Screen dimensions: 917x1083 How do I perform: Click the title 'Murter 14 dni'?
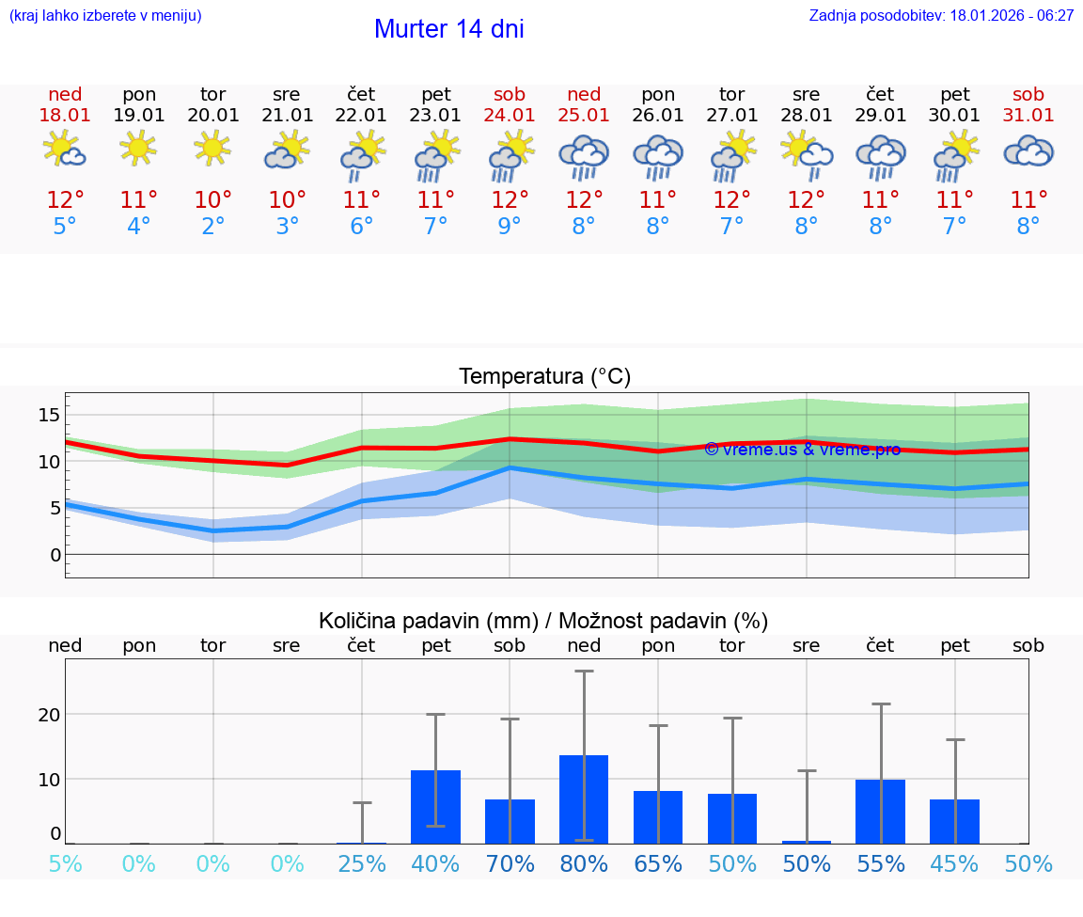[x=448, y=29]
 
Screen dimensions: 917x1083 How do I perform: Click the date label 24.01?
[x=510, y=116]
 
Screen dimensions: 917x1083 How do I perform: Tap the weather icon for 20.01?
[x=212, y=149]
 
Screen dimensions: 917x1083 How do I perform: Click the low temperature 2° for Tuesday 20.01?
[x=212, y=227]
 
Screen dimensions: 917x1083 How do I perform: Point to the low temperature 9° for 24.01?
[x=510, y=227]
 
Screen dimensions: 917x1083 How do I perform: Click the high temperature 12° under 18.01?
[x=65, y=200]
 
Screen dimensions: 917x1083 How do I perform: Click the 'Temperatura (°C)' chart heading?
[x=544, y=377]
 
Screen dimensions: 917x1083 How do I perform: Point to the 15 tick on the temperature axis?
[x=49, y=415]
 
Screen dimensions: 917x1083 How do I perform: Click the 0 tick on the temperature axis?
[x=55, y=555]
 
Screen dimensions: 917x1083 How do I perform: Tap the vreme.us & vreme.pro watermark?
[x=802, y=450]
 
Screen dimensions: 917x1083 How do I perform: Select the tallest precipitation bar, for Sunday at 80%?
[x=584, y=798]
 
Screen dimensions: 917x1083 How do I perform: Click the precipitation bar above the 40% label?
[x=435, y=806]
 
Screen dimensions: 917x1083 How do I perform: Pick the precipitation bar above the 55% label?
[x=881, y=811]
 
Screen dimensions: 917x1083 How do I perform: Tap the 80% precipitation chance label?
[x=584, y=864]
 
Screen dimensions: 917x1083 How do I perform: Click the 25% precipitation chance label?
[x=362, y=864]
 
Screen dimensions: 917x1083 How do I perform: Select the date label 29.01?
[x=880, y=116]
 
